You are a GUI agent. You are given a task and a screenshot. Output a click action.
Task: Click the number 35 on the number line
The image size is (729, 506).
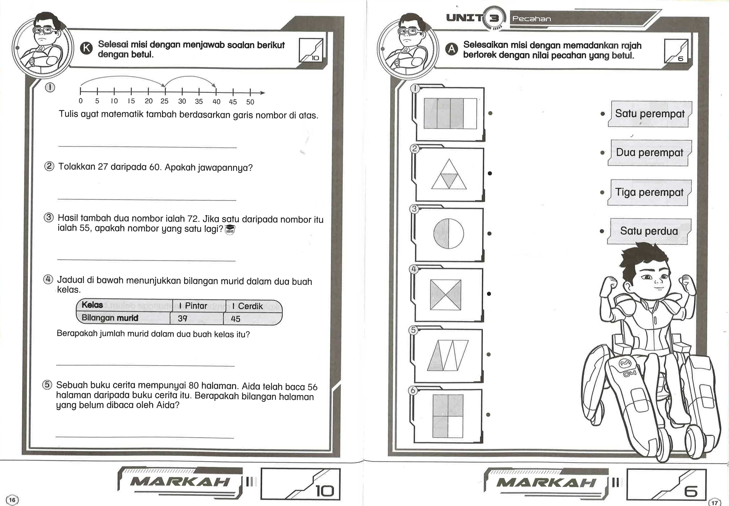(199, 102)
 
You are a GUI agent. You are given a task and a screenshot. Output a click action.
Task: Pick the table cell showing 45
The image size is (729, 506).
(236, 319)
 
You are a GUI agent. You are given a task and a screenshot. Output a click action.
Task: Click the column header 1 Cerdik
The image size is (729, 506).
(248, 306)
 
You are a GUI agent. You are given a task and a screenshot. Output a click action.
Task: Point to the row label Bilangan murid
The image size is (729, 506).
(110, 318)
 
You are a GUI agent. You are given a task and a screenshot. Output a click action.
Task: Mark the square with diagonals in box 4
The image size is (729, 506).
(445, 294)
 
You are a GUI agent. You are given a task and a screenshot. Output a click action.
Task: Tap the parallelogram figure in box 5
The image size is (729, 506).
(448, 355)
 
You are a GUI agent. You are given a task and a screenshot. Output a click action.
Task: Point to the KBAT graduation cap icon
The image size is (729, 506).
(230, 230)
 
